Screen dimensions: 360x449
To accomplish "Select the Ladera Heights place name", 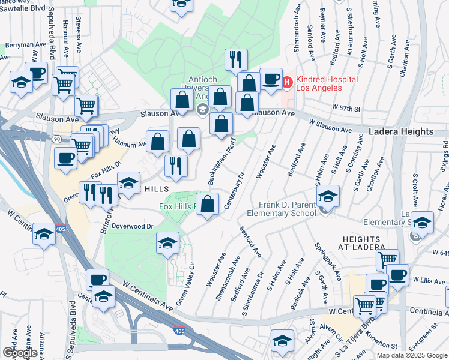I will coord(401,131).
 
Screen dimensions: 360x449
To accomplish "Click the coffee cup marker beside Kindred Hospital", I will coord(271,79).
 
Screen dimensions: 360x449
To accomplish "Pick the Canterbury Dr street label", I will coord(235,192).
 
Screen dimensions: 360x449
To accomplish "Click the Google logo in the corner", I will coord(19,352).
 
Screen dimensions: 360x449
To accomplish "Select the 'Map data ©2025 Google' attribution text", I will coord(412,355).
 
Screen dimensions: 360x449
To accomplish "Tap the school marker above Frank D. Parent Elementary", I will coord(328,196).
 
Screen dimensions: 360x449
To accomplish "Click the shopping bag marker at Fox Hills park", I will coord(207,204).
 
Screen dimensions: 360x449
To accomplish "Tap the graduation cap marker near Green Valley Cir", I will coord(167,243).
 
